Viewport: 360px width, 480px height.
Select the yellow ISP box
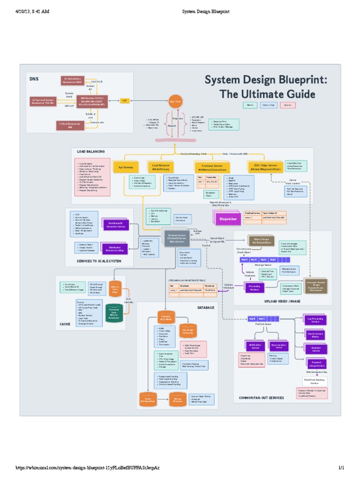[125, 100]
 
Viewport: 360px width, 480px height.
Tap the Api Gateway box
[126, 166]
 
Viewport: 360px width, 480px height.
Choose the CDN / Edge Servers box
[265, 166]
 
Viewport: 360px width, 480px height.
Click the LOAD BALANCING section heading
[91, 151]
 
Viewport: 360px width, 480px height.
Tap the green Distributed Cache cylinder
[114, 314]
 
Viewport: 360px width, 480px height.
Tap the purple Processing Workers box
[255, 287]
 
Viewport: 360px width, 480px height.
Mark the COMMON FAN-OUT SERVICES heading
[261, 397]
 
